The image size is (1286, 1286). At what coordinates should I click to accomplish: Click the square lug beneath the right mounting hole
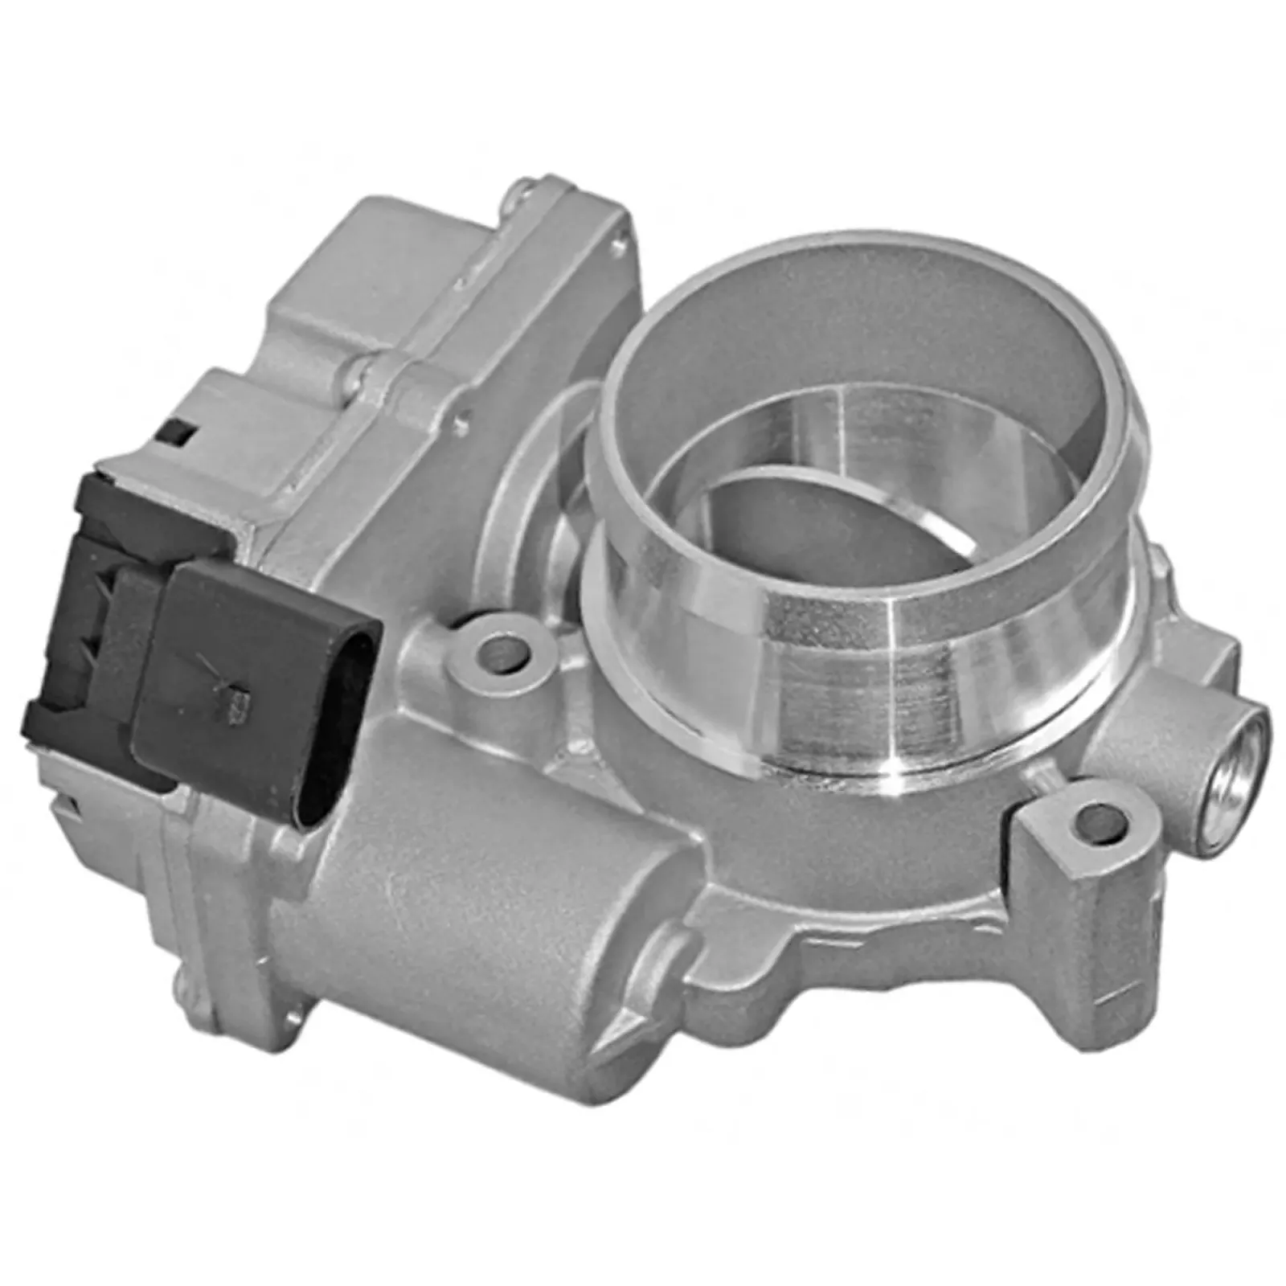tap(1069, 892)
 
